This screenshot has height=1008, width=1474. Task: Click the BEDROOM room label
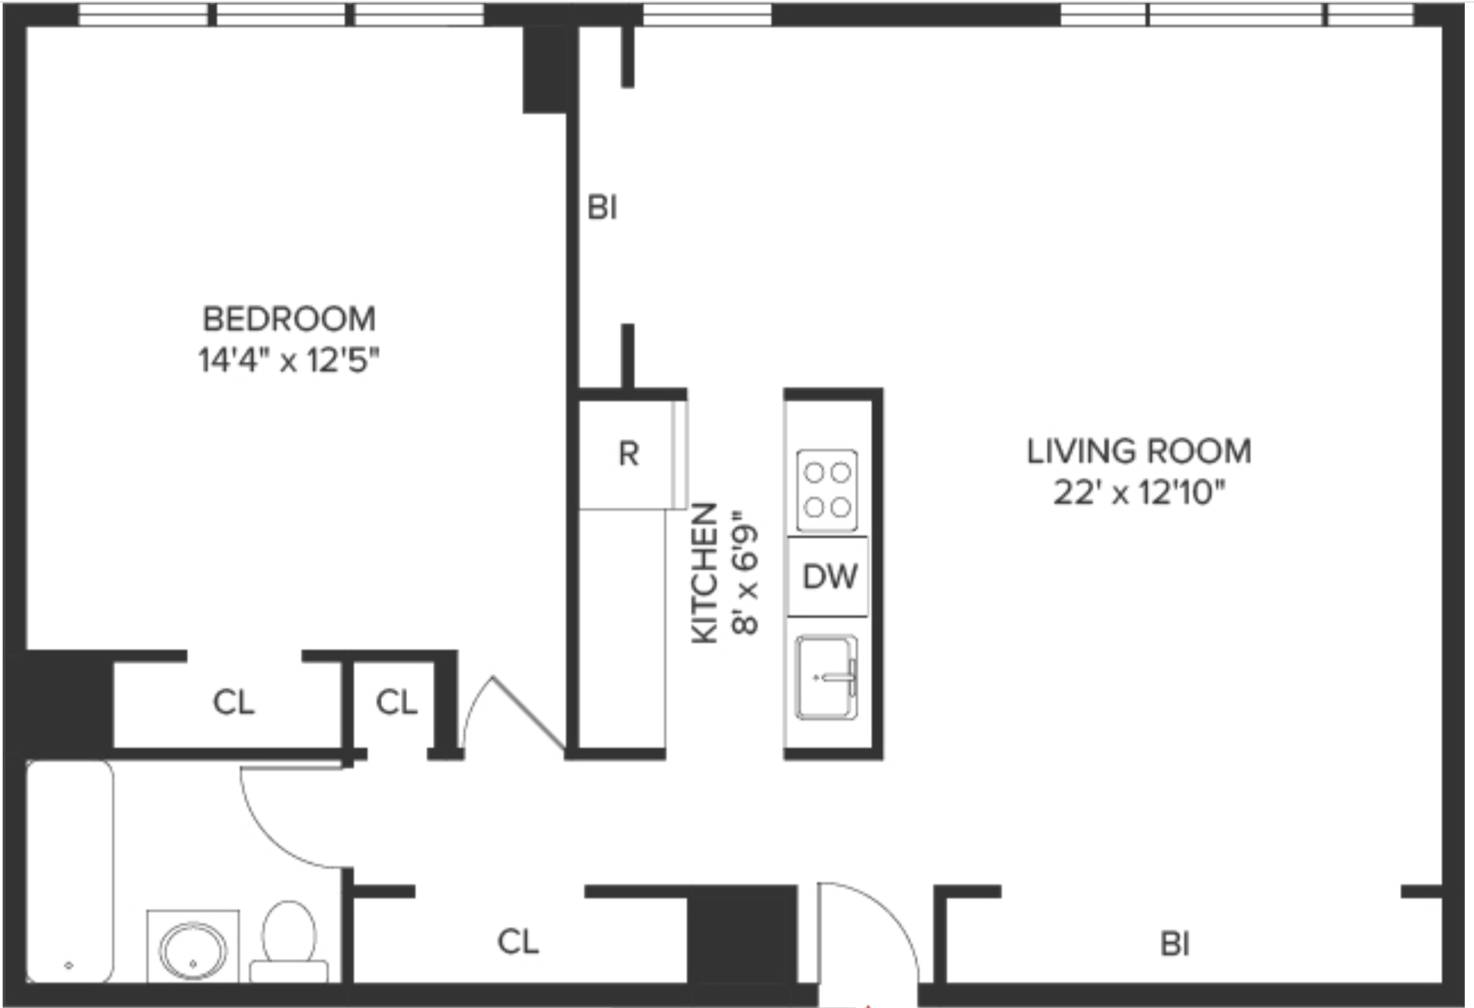click(289, 319)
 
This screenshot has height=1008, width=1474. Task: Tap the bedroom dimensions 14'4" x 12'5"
click(289, 360)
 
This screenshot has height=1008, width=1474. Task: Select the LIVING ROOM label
click(1139, 451)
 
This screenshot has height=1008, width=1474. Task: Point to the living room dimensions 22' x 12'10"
click(1139, 492)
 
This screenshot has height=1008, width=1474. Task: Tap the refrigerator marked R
click(629, 454)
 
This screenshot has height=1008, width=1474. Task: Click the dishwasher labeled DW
click(829, 577)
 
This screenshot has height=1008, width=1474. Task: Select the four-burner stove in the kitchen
click(827, 490)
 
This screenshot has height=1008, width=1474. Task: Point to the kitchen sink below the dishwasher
click(826, 677)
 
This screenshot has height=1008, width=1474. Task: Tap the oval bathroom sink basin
click(193, 950)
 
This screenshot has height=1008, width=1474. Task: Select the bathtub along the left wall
click(69, 871)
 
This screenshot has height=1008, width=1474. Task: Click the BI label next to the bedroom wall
click(602, 208)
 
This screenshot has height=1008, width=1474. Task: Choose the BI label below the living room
click(1174, 945)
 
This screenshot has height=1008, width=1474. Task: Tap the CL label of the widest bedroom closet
click(233, 702)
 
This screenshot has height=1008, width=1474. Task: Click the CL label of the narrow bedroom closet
click(396, 702)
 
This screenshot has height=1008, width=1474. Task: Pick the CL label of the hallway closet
click(517, 941)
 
